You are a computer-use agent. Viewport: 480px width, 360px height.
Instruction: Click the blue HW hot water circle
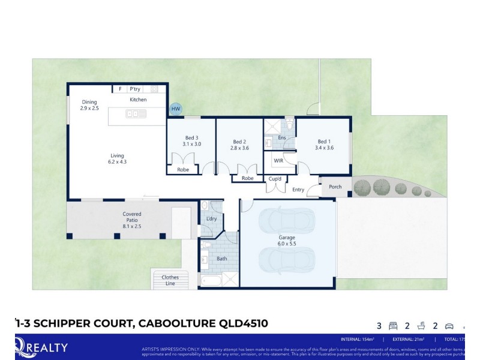(175, 109)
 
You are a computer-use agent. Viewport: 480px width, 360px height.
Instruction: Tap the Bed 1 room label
(324, 141)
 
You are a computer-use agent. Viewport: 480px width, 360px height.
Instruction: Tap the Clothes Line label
(170, 280)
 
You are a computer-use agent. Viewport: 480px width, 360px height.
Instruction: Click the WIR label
(278, 161)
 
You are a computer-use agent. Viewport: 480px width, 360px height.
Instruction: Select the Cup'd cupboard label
(275, 179)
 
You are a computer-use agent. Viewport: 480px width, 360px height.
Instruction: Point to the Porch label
(335, 187)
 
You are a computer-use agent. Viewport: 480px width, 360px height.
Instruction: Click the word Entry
(298, 190)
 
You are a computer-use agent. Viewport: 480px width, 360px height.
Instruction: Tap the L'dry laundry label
(211, 218)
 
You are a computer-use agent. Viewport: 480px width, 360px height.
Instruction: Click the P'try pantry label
(135, 89)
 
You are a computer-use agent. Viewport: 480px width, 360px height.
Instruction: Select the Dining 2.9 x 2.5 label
(89, 105)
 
